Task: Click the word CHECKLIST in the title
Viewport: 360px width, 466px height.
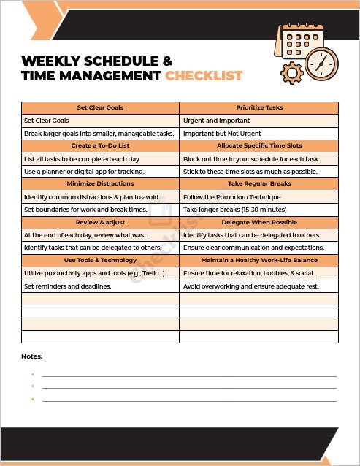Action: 204,75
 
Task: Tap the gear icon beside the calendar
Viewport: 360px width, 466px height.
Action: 292,72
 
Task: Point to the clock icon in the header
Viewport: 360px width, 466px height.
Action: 321,64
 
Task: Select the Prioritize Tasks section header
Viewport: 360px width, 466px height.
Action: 258,107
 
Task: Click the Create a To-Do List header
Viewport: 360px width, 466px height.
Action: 100,146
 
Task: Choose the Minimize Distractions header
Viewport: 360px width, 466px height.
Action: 100,184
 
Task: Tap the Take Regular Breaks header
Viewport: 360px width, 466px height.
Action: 258,184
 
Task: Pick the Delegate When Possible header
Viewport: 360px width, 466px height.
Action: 258,222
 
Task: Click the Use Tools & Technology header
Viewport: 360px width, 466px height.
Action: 100,260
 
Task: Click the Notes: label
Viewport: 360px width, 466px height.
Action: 32,356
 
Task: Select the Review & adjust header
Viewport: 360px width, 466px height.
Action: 100,222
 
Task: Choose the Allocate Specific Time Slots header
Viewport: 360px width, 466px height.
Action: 258,146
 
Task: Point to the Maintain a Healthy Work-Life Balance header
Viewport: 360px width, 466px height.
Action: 258,260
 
